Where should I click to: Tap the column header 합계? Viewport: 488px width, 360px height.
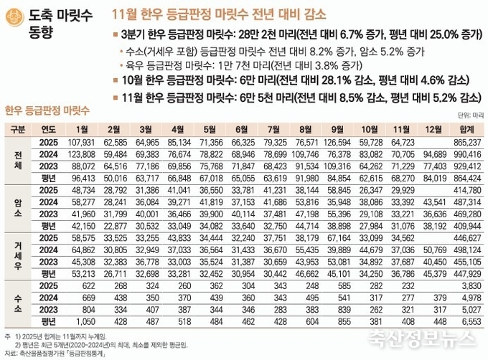pos(466,129)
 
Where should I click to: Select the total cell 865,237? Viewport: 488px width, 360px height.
pos(466,142)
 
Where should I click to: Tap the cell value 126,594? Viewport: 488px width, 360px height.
pos(337,142)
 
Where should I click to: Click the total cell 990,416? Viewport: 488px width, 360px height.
pos(466,154)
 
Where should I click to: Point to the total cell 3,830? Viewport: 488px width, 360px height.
pos(467,285)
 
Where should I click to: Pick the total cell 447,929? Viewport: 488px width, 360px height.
pos(466,273)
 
